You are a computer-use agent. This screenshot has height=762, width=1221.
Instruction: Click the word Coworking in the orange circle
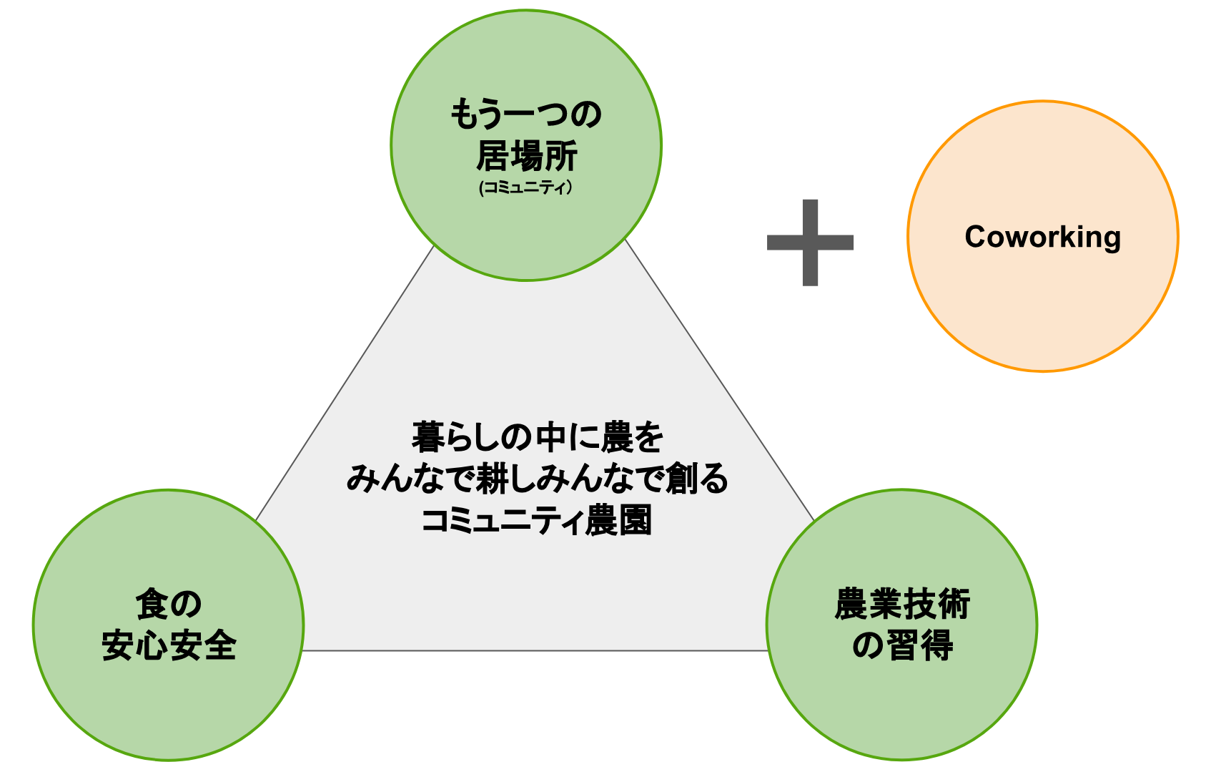pos(1042,237)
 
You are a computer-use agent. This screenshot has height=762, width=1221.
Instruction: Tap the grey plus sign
pos(810,242)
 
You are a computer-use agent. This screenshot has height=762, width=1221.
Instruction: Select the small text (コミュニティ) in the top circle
pos(525,188)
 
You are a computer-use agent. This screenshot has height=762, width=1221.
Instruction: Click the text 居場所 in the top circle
pos(526,156)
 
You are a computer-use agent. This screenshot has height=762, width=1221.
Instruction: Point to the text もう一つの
pos(525,114)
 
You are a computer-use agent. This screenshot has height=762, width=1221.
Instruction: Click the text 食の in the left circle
pos(169,605)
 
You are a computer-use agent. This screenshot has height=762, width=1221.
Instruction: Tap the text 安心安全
pos(169,645)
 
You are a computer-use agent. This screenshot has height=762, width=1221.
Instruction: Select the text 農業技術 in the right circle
pos(902,605)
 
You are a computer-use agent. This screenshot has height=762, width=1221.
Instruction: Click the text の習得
pos(902,645)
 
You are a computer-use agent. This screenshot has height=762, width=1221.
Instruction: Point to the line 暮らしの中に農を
pos(538,437)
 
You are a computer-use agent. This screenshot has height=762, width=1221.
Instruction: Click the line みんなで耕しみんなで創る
pos(538,478)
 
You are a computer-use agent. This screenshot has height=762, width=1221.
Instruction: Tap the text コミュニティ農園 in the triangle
pos(537,520)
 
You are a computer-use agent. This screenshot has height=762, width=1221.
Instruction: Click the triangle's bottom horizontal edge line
pos(536,650)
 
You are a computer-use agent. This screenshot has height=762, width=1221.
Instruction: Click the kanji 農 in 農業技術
pos(851,605)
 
